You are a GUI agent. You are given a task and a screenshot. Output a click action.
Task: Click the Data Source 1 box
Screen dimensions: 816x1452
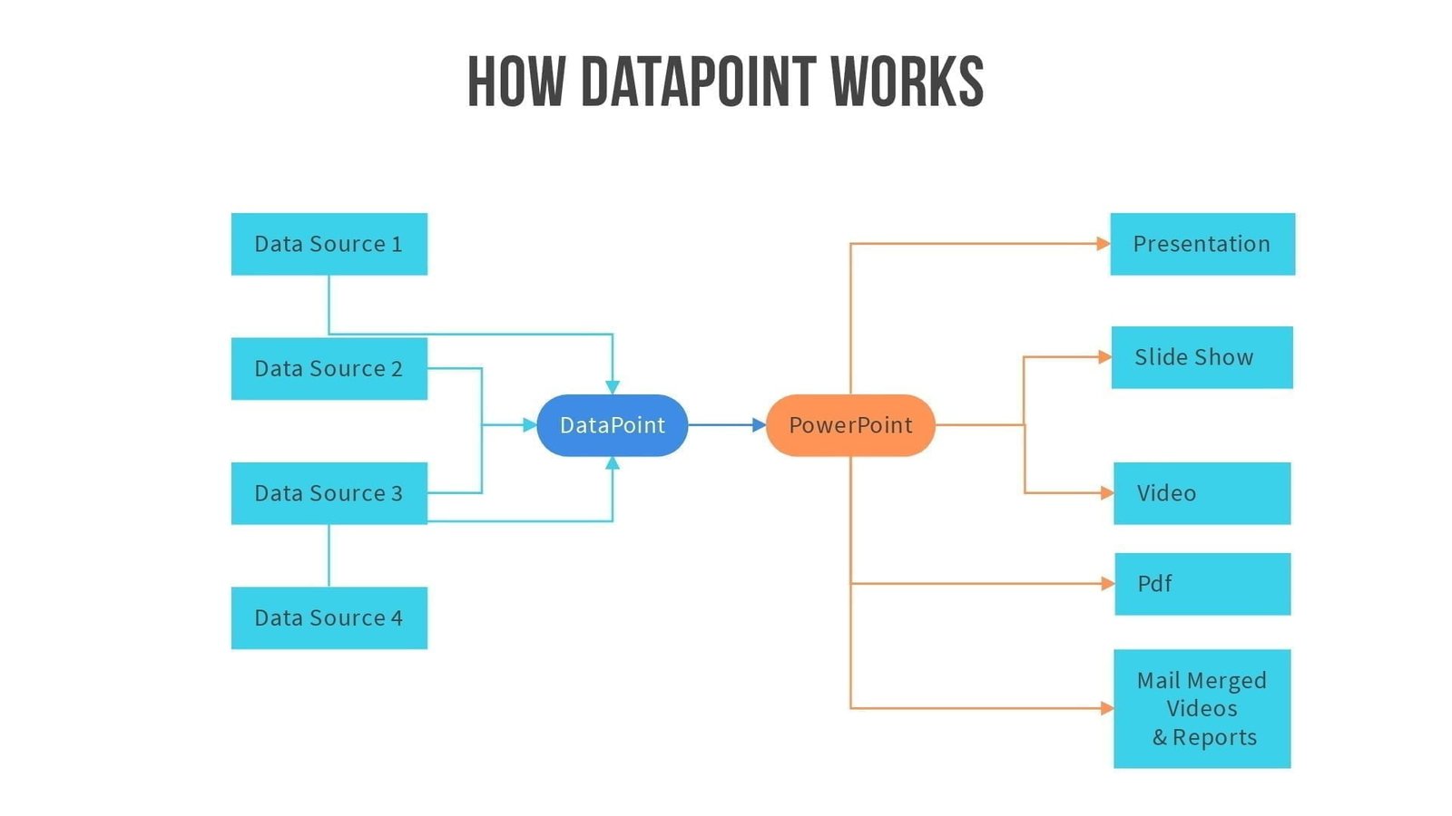pyautogui.click(x=329, y=244)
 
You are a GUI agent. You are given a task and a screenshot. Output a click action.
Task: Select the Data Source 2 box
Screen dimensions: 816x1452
pyautogui.click(x=329, y=368)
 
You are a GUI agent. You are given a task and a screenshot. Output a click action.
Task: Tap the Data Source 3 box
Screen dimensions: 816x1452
pyautogui.click(x=329, y=493)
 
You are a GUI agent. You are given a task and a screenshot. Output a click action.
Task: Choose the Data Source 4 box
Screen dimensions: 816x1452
pyautogui.click(x=329, y=617)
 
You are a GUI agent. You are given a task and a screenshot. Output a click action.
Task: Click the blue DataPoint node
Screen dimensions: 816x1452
pyautogui.click(x=612, y=425)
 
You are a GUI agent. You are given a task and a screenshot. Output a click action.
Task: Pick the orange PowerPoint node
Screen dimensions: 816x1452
pyautogui.click(x=850, y=425)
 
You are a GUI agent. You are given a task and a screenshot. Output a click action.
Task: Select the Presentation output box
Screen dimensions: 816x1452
pyautogui.click(x=1202, y=244)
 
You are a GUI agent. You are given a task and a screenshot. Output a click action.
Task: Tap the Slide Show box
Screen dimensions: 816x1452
pyautogui.click(x=1202, y=357)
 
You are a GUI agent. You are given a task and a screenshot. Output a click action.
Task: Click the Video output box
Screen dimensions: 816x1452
pyautogui.click(x=1202, y=493)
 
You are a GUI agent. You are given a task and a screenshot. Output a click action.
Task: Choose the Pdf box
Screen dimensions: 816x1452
pyautogui.click(x=1202, y=584)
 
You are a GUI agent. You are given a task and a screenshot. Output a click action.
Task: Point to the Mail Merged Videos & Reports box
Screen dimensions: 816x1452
pyautogui.click(x=1202, y=708)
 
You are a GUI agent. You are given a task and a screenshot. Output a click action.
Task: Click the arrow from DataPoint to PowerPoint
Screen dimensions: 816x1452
pyautogui.click(x=726, y=424)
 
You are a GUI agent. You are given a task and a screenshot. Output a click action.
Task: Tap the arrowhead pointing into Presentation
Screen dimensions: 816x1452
pyautogui.click(x=1103, y=243)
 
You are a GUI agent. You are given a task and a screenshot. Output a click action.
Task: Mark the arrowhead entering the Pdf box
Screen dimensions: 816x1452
pyautogui.click(x=1107, y=584)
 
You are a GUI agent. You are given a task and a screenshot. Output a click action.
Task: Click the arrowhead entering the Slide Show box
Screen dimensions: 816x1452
pyautogui.click(x=1104, y=357)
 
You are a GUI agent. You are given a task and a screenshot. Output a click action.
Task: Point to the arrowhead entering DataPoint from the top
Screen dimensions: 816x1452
pyautogui.click(x=613, y=387)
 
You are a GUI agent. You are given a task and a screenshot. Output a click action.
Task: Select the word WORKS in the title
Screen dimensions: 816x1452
pyautogui.click(x=907, y=82)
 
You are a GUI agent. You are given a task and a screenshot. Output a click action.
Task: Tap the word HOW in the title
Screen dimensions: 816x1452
pyautogui.click(x=515, y=82)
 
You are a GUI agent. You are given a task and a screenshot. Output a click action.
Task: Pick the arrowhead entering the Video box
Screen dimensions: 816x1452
pyautogui.click(x=1107, y=493)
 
